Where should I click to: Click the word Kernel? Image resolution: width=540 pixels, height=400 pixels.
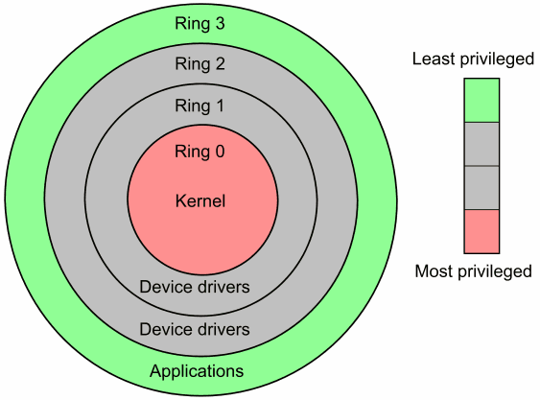tap(201, 201)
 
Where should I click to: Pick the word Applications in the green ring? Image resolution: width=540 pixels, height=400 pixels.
tap(197, 371)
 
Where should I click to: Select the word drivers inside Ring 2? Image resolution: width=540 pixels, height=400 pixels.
tap(228, 329)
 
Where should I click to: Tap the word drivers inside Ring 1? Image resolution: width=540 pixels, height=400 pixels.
tap(228, 287)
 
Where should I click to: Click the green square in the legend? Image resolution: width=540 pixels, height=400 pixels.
tap(481, 101)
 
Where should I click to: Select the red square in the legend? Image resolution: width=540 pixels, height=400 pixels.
tap(481, 231)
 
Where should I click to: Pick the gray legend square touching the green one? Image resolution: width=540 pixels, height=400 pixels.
tap(481, 144)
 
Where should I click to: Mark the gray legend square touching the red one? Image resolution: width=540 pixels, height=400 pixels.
tap(481, 187)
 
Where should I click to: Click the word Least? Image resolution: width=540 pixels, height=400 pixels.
tap(432, 59)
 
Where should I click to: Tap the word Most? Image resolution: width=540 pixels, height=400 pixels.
tap(434, 271)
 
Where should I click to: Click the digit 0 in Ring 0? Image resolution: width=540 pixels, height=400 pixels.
tap(222, 151)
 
